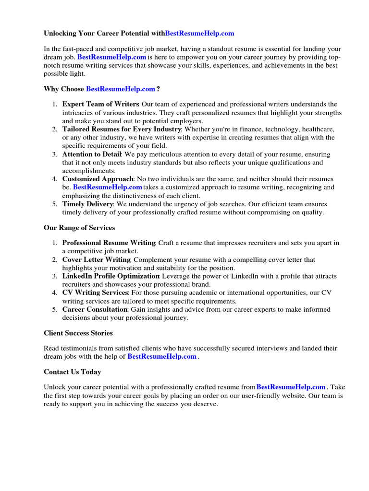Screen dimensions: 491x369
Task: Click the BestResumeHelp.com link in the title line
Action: point(199,34)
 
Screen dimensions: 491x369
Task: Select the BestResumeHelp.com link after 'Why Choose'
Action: point(121,89)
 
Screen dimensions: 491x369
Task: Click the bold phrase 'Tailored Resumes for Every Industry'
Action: point(122,129)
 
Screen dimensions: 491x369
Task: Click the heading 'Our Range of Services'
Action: point(79,228)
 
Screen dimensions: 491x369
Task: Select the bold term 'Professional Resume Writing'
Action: point(109,243)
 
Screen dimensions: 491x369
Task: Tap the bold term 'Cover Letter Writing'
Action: point(97,260)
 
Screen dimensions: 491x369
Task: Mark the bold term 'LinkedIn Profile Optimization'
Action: point(111,276)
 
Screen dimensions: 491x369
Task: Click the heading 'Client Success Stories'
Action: point(78,333)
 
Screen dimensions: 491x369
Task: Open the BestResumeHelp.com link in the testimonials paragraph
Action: point(162,357)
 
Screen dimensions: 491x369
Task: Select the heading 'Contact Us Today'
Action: point(72,372)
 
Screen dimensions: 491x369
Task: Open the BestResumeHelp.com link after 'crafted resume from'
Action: point(291,387)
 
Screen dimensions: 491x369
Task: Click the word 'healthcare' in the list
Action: point(317,129)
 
